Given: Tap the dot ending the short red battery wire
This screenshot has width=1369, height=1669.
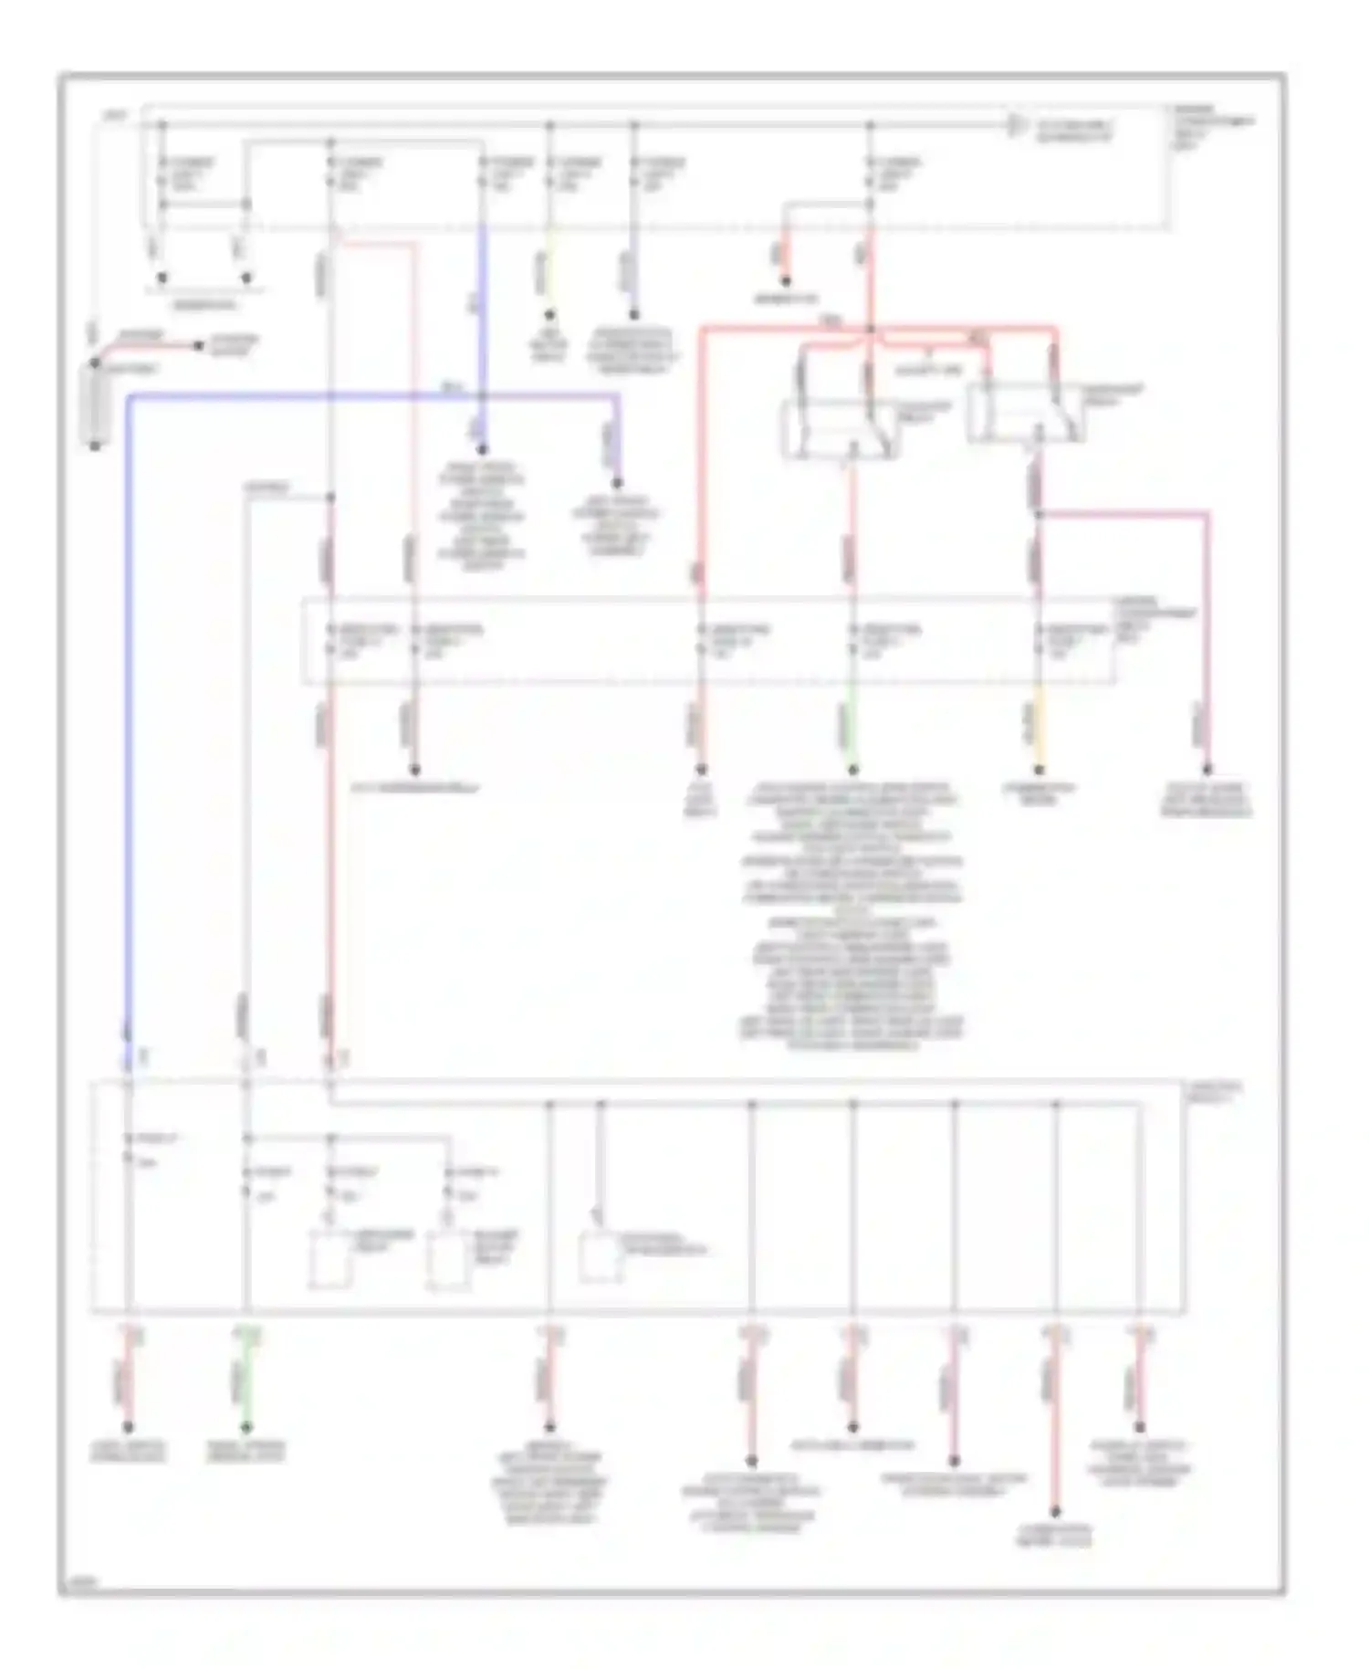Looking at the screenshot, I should [197, 346].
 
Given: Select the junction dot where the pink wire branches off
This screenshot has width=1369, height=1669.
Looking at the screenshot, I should [1039, 514].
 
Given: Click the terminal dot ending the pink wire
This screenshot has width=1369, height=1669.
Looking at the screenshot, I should [1207, 770].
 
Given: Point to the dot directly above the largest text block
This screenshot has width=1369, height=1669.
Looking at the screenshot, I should [852, 770].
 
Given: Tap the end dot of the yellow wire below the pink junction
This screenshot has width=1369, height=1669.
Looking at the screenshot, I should [1039, 770].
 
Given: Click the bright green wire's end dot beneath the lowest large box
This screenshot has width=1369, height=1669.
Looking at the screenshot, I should [246, 1427].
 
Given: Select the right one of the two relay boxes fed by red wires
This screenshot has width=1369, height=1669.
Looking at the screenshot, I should [1024, 412].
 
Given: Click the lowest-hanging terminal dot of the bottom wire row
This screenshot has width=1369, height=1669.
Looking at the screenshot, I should [1055, 1511].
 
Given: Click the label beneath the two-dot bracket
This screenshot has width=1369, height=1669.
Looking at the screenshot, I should [204, 305].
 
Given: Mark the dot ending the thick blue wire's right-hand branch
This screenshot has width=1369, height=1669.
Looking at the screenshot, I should [617, 483].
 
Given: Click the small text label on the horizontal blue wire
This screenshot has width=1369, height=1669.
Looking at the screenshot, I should [451, 387].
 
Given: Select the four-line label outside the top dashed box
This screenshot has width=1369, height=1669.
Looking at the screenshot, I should [1211, 128].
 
